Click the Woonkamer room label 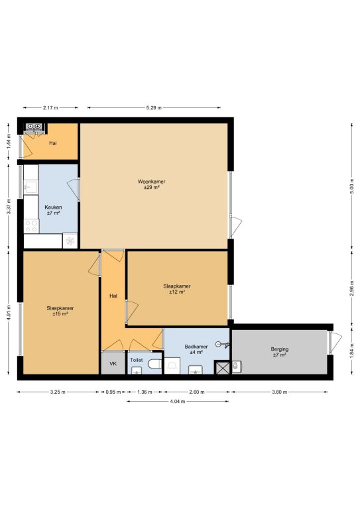(151, 182)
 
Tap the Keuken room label (53, 207)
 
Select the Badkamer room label (196, 347)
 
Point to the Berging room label (280, 349)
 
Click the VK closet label (113, 364)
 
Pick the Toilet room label (137, 360)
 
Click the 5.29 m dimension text (154, 108)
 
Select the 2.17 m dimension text (50, 108)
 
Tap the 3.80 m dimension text (280, 392)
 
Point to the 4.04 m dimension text (178, 401)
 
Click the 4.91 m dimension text (9, 312)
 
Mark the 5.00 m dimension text (351, 186)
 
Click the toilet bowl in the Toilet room (155, 365)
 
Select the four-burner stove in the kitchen (31, 226)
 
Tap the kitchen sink (31, 188)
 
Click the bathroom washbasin (196, 369)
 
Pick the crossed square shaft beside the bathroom (222, 368)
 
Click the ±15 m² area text (60, 314)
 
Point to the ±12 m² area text (177, 292)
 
